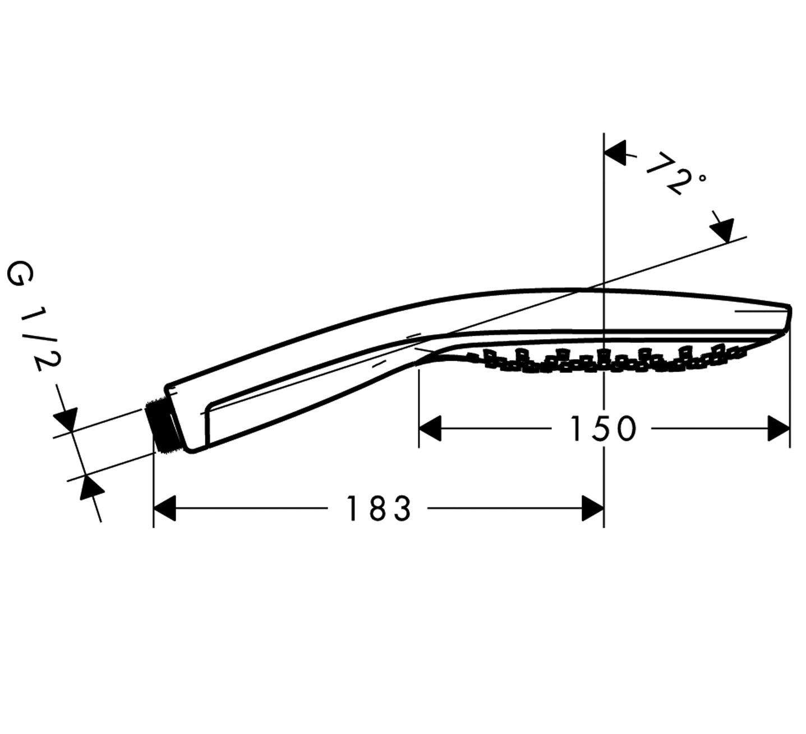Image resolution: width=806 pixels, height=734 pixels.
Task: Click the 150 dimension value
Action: [x=604, y=428]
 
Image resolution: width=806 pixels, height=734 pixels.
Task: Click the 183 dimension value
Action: [x=379, y=508]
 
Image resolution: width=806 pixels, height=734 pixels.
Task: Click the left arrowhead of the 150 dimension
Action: [x=430, y=428]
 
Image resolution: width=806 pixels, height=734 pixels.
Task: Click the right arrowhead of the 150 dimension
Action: [x=779, y=428]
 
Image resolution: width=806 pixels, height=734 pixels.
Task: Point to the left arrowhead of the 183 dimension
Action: [x=165, y=508]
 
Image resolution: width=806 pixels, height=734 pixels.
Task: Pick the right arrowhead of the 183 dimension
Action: [x=593, y=508]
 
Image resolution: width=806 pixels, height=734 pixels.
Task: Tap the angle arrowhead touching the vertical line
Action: [x=615, y=153]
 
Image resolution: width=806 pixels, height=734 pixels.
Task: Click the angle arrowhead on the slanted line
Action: [x=722, y=231]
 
